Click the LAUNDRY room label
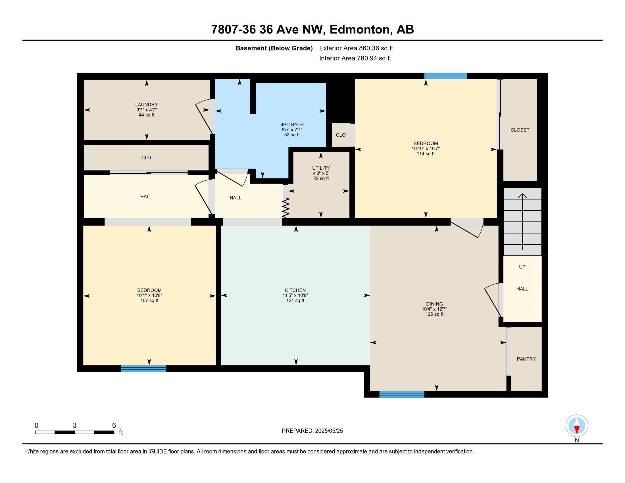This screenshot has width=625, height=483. tap(146, 105)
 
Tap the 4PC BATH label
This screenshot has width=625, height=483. tap(292, 124)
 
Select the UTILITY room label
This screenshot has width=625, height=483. tap(321, 168)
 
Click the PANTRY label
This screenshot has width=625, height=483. tap(526, 359)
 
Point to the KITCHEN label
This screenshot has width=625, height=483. tap(295, 290)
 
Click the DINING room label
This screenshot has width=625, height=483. tap(434, 304)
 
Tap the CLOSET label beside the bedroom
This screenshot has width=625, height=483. tap(520, 130)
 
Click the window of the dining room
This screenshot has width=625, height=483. tap(401, 394)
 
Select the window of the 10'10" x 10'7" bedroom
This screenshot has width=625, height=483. tap(445, 76)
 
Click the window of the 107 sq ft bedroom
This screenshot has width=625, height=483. tap(143, 369)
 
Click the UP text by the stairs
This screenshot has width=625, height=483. tap(522, 267)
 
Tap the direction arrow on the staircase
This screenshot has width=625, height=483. tap(522, 222)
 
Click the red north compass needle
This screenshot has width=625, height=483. tap(577, 430)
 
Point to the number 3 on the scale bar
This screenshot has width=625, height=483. tap(75, 426)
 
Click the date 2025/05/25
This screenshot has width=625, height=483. tap(328, 431)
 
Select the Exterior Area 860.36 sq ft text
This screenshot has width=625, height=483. tap(356, 48)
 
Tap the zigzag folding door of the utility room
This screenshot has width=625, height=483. tap(286, 207)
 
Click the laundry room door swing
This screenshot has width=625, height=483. tap(204, 116)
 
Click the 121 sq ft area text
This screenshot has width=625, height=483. tap(295, 300)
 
